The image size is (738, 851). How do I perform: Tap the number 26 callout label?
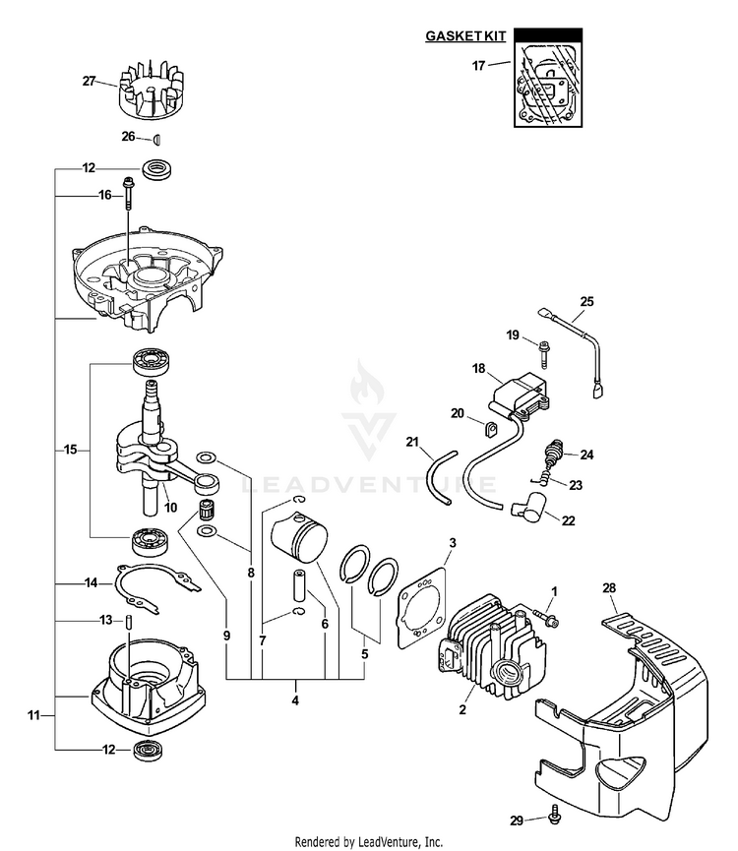(x=128, y=137)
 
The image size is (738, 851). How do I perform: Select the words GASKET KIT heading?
(x=465, y=35)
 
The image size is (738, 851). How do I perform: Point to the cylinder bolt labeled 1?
(x=543, y=616)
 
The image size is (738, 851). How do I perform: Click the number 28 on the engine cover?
(x=609, y=588)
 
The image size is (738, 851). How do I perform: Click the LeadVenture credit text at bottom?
(x=369, y=842)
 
